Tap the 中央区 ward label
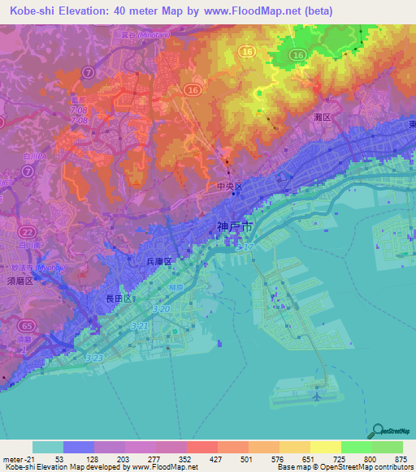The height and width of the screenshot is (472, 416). [x=231, y=186]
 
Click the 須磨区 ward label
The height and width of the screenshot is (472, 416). [x=18, y=281]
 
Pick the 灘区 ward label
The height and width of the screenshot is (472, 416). [x=323, y=118]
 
